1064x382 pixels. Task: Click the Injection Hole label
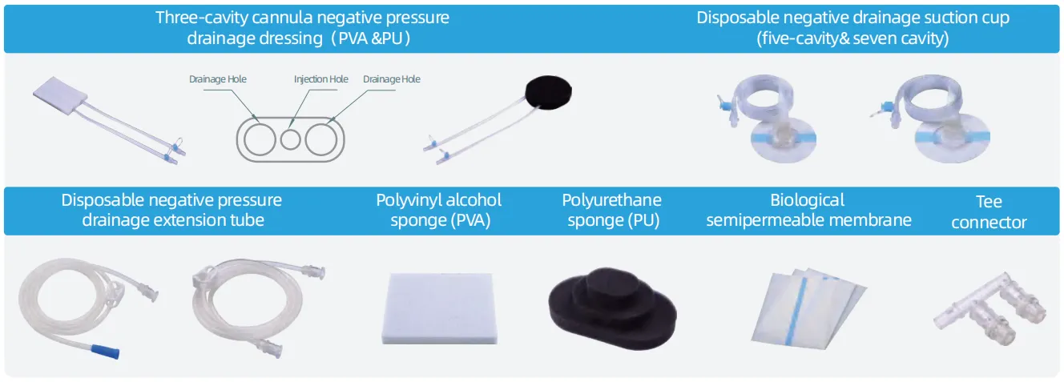(320, 78)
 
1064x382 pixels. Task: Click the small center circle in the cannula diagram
(290, 139)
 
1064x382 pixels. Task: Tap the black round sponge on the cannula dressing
(548, 93)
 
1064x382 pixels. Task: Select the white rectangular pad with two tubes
(60, 95)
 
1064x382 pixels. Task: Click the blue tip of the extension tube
(106, 351)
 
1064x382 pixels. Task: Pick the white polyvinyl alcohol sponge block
(439, 308)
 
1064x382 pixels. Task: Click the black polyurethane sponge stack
(612, 308)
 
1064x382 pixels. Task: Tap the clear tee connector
(990, 309)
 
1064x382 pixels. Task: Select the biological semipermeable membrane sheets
(808, 308)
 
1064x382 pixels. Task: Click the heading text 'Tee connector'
(989, 211)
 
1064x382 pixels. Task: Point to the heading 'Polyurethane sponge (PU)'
(612, 210)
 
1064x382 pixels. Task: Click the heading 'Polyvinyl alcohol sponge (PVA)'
(439, 210)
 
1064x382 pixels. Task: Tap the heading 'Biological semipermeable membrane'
(808, 210)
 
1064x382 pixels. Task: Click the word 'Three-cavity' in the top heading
(202, 18)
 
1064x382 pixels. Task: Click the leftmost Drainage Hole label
(218, 78)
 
